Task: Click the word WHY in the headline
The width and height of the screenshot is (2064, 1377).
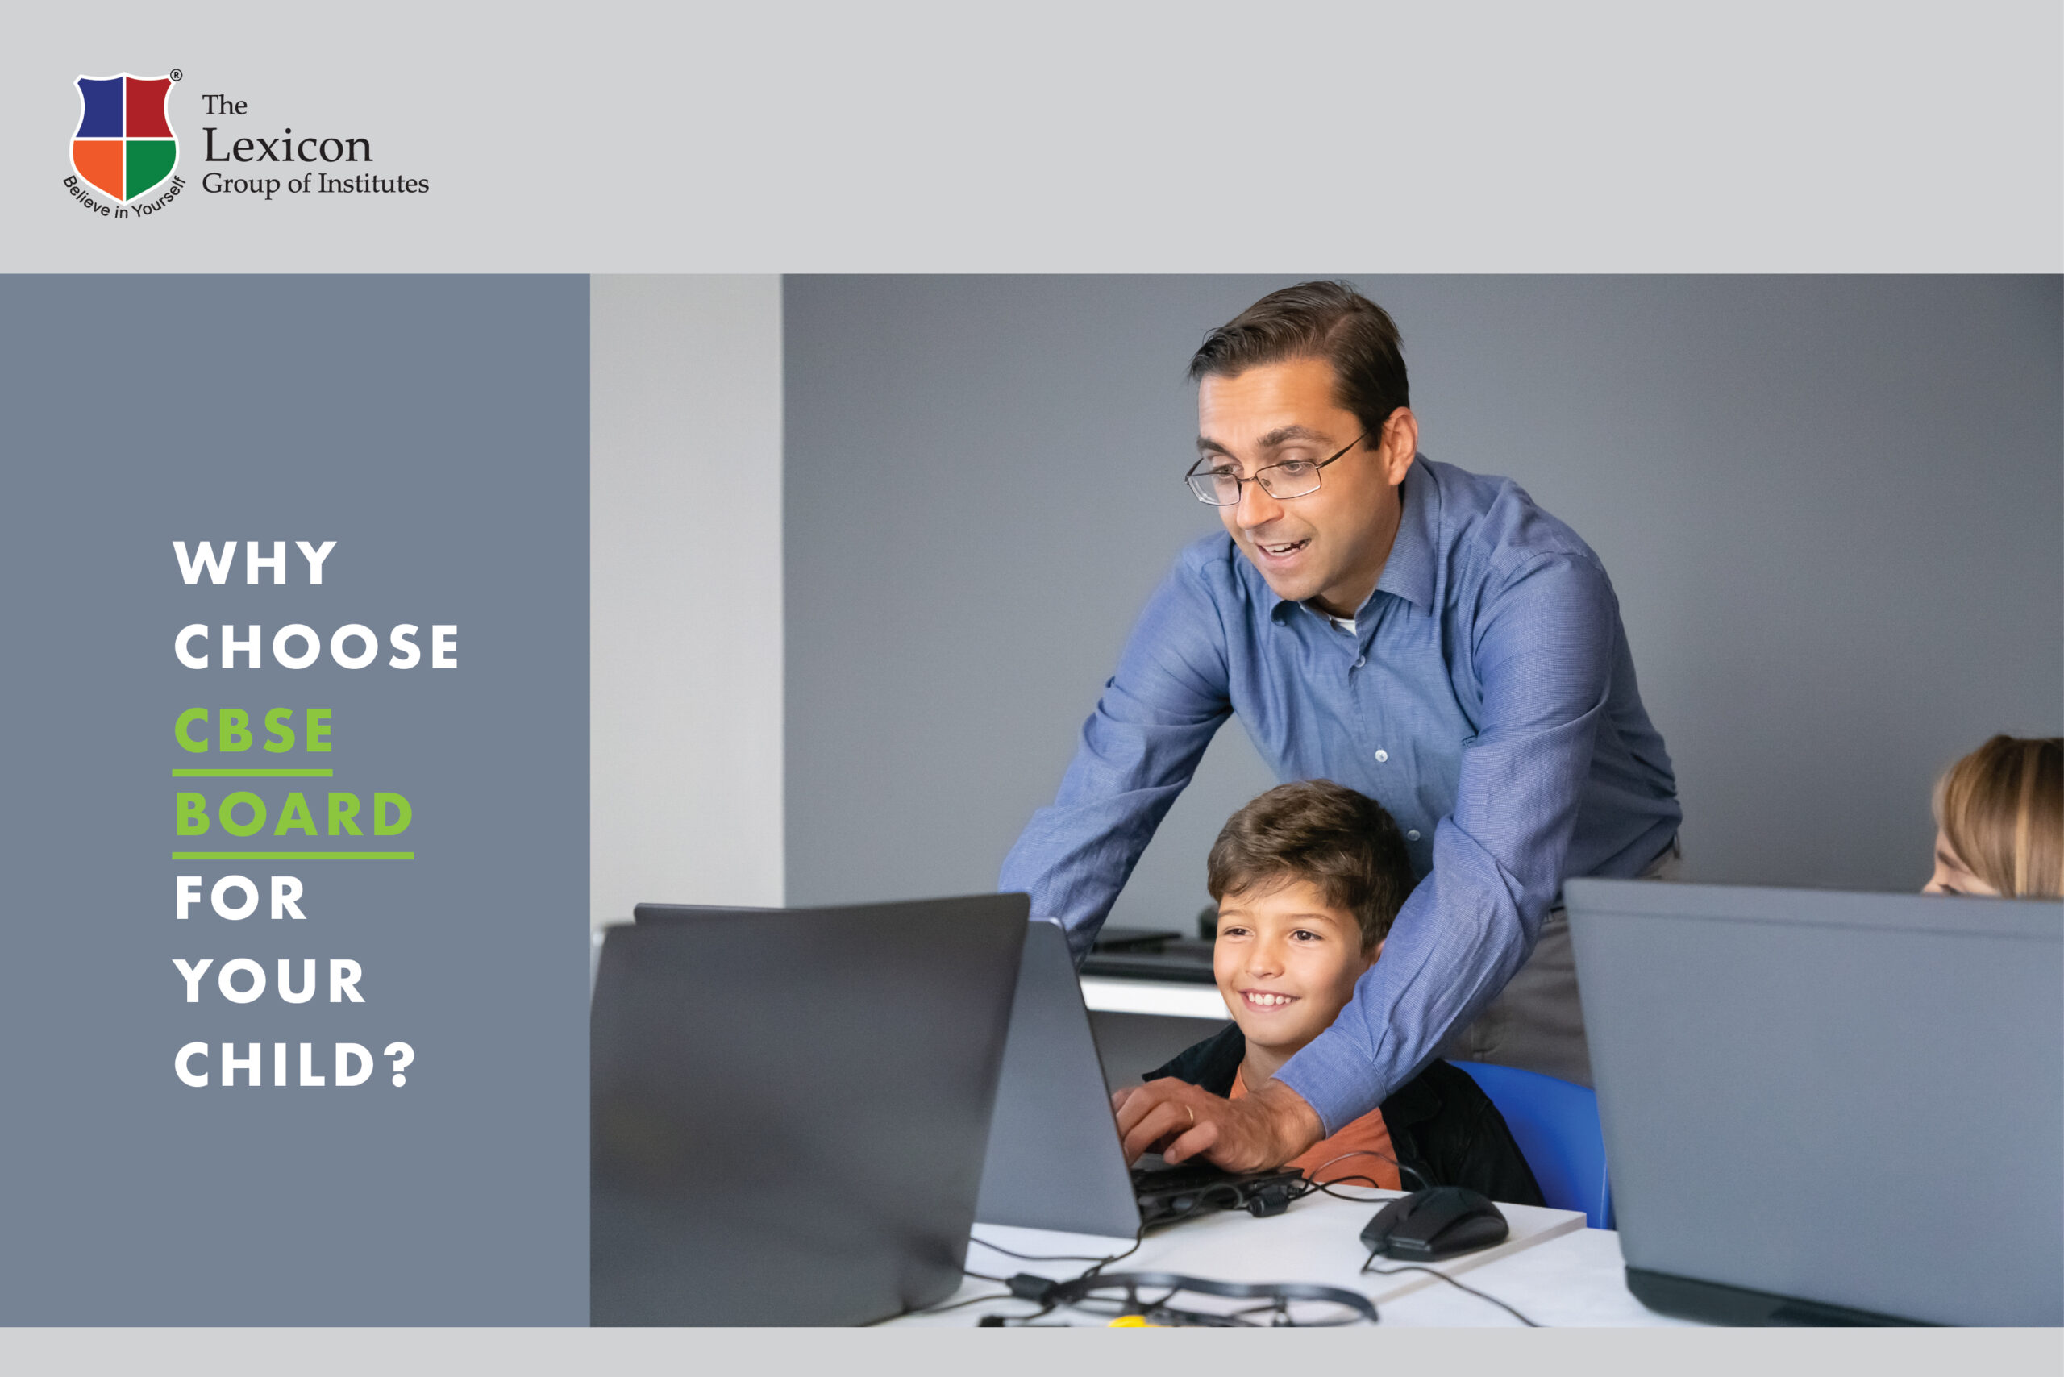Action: tap(255, 562)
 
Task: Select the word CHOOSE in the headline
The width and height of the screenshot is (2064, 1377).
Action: tap(316, 647)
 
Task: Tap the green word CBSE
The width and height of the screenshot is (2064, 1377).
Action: tap(254, 730)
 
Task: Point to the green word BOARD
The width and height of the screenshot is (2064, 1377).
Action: tap(293, 814)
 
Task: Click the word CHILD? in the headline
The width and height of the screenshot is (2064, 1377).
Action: tap(294, 1065)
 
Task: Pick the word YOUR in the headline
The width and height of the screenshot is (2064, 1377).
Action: tap(268, 982)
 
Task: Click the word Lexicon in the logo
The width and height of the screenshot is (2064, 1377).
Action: tap(287, 146)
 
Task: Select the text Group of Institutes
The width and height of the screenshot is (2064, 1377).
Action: tap(315, 184)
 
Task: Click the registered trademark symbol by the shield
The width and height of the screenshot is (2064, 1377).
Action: tap(176, 76)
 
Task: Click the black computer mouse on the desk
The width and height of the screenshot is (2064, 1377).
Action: tap(1434, 1223)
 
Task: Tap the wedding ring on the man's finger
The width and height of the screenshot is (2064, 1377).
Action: tap(1189, 1113)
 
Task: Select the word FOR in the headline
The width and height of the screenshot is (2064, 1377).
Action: tap(239, 898)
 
